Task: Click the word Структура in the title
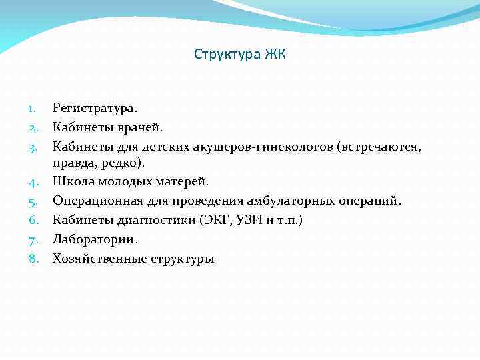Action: coord(225,54)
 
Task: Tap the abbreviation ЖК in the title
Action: coord(274,54)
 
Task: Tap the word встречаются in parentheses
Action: coord(379,145)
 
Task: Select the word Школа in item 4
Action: coord(72,181)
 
